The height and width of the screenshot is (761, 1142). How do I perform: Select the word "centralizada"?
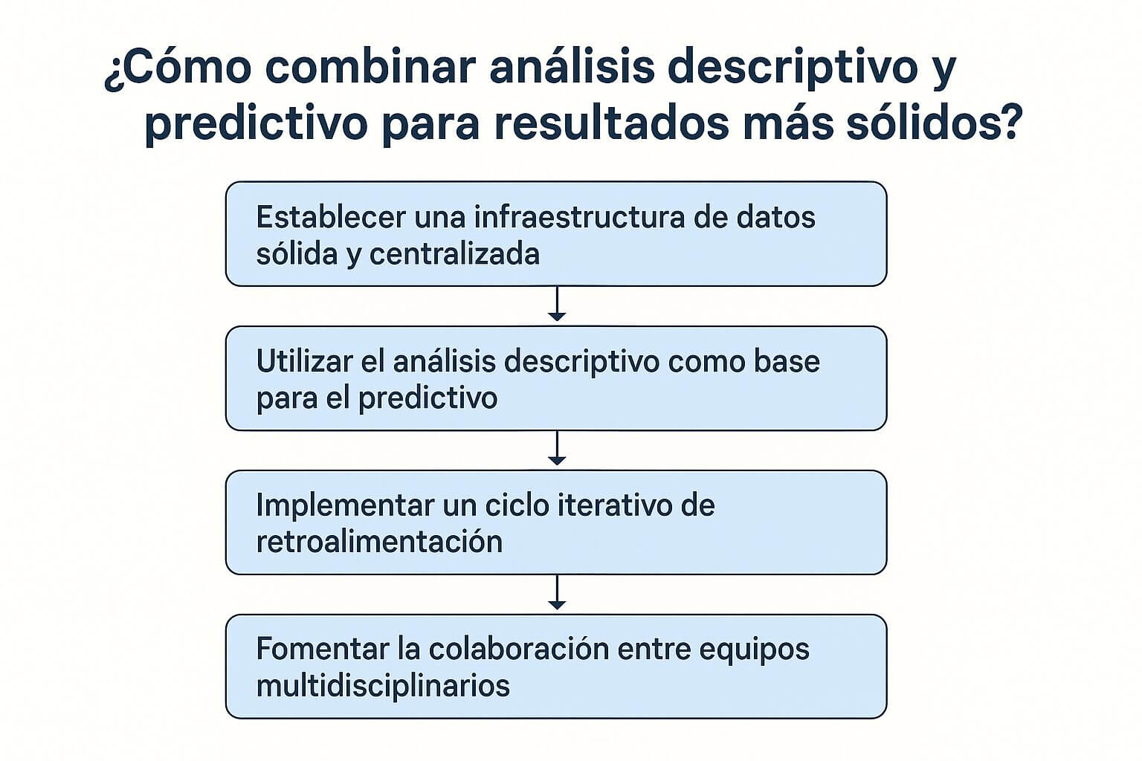pyautogui.click(x=454, y=254)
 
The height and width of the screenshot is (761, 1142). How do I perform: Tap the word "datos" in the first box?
pyautogui.click(x=776, y=218)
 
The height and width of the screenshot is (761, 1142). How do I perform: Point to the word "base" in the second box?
pyautogui.click(x=787, y=362)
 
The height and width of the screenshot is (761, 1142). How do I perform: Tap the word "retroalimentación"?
pyautogui.click(x=379, y=542)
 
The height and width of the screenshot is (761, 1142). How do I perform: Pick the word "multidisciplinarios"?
pyautogui.click(x=383, y=685)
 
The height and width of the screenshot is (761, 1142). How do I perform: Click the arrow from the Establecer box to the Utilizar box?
pyautogui.click(x=556, y=305)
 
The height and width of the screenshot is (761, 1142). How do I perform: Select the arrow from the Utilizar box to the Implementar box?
pyautogui.click(x=556, y=449)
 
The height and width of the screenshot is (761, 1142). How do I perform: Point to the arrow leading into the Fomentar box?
pyautogui.click(x=556, y=593)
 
